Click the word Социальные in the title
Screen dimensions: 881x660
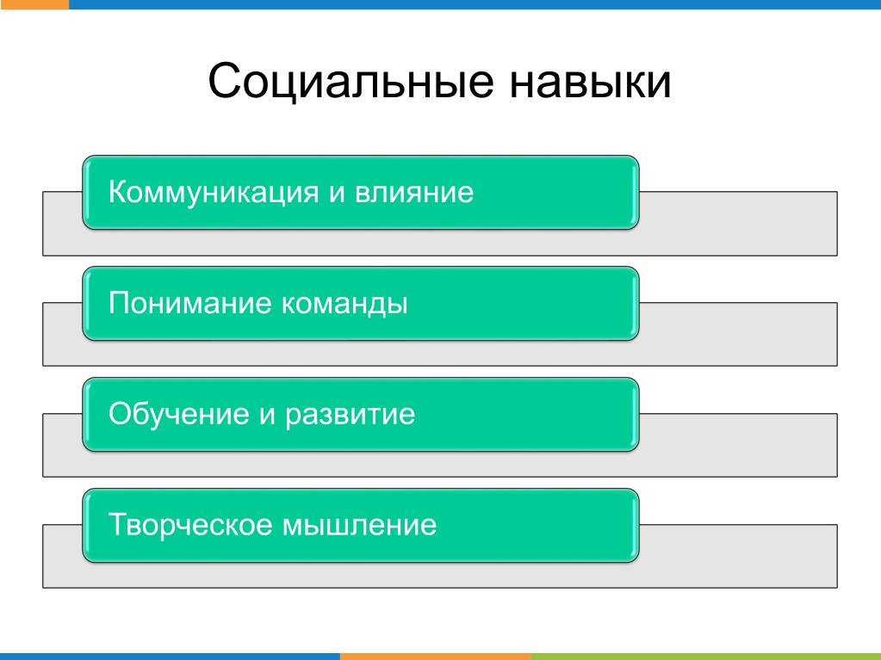click(x=351, y=82)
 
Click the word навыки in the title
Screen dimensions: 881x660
click(x=590, y=82)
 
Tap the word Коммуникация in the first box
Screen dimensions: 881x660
click(x=214, y=193)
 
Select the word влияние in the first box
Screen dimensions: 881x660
click(x=414, y=193)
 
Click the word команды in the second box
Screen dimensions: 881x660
click(x=344, y=304)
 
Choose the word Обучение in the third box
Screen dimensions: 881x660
click(x=178, y=414)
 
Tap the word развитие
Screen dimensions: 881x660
click(x=350, y=416)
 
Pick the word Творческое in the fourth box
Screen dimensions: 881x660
click(x=190, y=525)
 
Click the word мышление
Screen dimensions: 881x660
click(x=359, y=526)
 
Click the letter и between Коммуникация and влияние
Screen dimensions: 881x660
click(x=337, y=194)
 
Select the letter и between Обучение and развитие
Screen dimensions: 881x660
click(x=268, y=416)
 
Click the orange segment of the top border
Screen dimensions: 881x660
click(x=34, y=4)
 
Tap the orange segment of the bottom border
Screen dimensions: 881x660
click(x=436, y=657)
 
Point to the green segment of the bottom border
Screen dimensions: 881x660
click(x=705, y=657)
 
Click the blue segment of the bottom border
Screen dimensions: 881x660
click(x=170, y=657)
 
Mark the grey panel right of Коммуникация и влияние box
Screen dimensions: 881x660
click(x=738, y=224)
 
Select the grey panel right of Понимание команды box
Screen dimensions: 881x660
click(x=738, y=335)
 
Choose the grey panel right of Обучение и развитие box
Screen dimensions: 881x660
click(x=738, y=446)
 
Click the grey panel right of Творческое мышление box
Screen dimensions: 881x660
click(x=738, y=557)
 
